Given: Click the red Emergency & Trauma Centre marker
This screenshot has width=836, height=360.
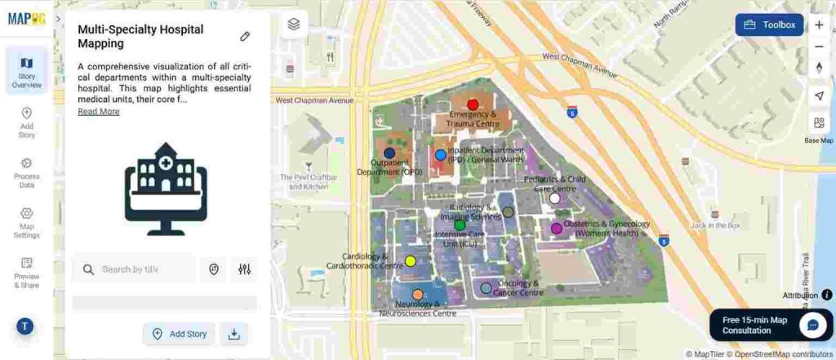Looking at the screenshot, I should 472,104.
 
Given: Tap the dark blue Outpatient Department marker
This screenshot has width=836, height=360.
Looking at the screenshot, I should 389,153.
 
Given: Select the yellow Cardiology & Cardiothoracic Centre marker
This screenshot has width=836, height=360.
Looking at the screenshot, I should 411,261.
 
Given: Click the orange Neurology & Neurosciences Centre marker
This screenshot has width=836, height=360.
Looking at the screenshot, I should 418,295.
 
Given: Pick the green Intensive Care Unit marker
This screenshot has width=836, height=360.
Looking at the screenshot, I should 460,224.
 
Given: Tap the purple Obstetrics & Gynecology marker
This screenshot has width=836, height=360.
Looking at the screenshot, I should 557,229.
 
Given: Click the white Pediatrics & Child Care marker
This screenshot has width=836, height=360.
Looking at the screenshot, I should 555,198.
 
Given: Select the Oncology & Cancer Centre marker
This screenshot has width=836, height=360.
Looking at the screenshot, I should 486,287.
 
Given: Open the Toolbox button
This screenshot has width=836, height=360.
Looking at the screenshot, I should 769,24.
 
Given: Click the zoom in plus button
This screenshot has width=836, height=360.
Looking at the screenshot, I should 819,25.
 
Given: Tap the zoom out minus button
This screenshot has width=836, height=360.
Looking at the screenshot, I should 819,47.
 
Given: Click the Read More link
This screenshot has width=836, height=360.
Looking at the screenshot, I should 99,112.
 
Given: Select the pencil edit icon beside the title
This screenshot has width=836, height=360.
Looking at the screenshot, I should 245,36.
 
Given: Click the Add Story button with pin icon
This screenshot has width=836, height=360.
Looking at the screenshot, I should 180,334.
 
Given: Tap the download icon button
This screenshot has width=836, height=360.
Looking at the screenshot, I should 234,334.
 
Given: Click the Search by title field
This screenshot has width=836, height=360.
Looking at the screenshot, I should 135,269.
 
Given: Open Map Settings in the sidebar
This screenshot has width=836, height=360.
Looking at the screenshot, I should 26,223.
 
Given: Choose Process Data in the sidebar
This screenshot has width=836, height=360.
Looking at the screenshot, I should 26,172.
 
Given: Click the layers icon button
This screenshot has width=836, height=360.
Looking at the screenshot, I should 294,24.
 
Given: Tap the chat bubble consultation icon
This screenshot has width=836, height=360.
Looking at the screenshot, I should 812,324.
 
